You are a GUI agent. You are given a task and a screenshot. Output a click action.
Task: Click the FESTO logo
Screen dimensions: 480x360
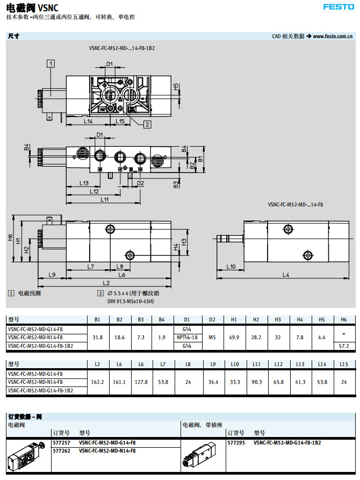338,7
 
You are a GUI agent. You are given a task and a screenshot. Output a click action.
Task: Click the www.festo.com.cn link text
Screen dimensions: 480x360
333,36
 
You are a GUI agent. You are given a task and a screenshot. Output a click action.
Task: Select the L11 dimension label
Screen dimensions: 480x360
105,199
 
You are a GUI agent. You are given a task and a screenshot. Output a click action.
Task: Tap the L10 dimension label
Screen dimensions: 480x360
231,267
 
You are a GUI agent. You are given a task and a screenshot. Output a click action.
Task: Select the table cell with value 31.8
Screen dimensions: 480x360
98,337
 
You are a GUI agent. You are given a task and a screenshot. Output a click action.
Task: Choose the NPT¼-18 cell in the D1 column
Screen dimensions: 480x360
187,337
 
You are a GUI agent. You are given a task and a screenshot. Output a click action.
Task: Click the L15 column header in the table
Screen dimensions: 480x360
344,364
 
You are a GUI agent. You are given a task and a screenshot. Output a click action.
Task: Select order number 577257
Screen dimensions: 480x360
61,442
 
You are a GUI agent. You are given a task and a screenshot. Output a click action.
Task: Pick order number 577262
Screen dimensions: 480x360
61,450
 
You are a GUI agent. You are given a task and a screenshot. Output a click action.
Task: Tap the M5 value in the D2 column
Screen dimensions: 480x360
212,337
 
